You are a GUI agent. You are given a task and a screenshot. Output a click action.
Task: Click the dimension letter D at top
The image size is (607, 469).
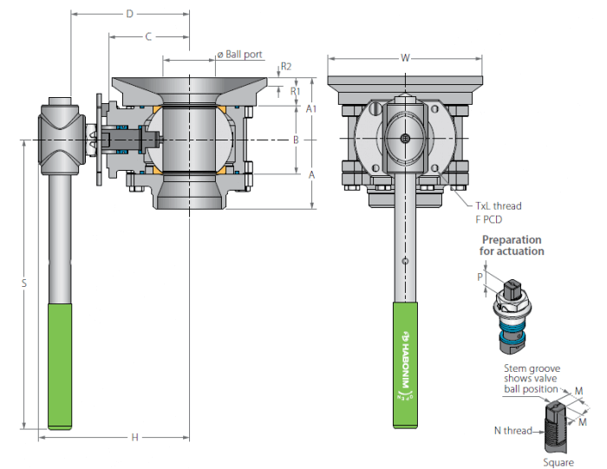(130, 14)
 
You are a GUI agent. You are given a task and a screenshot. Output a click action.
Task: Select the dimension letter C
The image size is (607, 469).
(148, 36)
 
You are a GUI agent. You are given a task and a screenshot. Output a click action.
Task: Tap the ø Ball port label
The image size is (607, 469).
(240, 55)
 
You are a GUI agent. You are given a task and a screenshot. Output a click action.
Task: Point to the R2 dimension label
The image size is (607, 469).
(285, 67)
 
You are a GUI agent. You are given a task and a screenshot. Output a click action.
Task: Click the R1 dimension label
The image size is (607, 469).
(295, 91)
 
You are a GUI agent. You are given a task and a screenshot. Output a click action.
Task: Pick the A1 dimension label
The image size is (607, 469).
(311, 108)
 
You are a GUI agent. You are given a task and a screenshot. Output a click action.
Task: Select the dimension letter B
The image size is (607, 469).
(297, 140)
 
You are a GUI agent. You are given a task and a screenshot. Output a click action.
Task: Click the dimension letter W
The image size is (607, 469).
(405, 58)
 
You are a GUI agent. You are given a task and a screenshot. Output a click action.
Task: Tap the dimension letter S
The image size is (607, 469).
(24, 283)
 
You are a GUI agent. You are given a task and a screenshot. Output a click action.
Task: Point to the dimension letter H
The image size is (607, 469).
(134, 437)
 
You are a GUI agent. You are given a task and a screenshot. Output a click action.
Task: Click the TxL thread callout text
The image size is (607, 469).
(499, 205)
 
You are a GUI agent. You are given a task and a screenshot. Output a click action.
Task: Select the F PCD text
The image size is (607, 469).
(489, 219)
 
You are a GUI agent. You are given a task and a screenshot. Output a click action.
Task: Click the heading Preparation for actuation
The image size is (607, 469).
(512, 245)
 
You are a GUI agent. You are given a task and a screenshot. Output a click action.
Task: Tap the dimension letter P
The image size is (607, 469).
(480, 277)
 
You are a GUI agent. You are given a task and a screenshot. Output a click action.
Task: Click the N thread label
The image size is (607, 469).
(513, 430)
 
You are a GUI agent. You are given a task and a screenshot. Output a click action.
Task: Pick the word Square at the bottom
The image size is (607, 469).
(558, 462)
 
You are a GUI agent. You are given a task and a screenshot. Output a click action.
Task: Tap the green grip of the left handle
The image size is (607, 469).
(60, 367)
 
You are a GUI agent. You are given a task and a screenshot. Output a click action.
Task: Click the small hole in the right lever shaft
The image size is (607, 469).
(405, 261)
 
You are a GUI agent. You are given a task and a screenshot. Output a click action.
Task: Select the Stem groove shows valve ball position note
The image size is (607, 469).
(532, 379)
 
